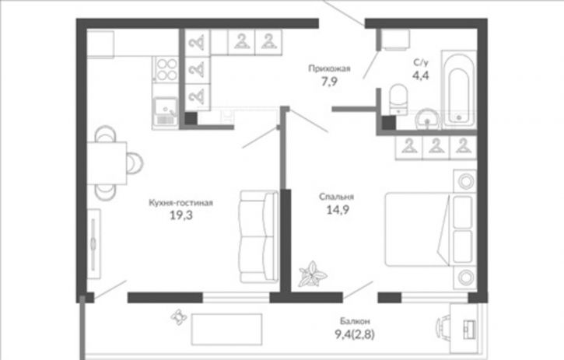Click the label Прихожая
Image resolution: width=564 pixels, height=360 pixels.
tap(329, 68)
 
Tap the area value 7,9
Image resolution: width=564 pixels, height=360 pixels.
tap(329, 82)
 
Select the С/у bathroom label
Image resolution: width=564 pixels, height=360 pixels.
tap(421, 62)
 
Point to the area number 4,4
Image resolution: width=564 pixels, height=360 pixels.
tap(421, 75)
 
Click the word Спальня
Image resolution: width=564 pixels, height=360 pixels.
tap(336, 197)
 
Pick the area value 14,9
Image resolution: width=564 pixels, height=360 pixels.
tap(338, 210)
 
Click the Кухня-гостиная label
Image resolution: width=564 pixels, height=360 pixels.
tap(181, 203)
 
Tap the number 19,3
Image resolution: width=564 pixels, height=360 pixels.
tap(181, 215)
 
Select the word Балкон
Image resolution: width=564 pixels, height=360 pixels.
tap(355, 321)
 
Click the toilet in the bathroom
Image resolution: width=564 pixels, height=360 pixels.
tap(398, 100)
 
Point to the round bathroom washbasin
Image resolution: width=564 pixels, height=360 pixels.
tap(427, 119)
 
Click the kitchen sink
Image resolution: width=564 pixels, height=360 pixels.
tap(165, 112)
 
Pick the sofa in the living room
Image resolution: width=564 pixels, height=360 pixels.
tap(259, 236)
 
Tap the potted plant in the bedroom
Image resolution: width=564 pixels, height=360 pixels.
tap(312, 274)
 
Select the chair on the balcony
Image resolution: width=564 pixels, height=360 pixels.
tap(443, 328)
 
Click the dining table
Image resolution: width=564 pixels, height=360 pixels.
tap(107, 163)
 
